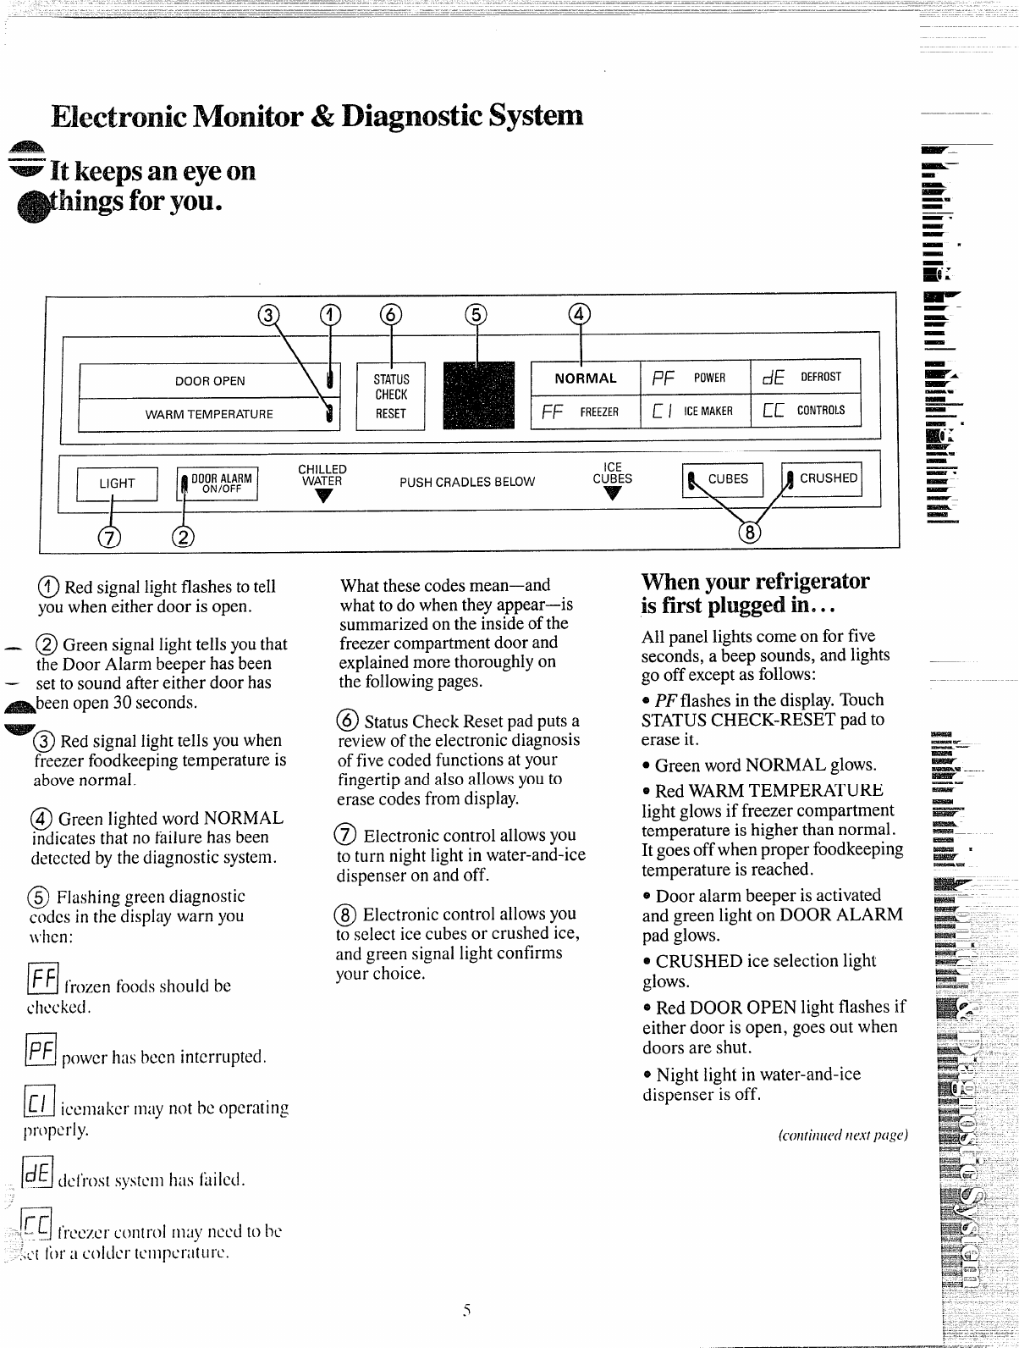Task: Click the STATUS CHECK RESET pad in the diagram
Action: (390, 396)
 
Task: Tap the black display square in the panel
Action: (478, 396)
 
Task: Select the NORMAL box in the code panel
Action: (585, 378)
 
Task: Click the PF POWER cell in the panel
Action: (696, 378)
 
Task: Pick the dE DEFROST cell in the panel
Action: (805, 378)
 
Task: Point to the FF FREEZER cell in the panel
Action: (585, 412)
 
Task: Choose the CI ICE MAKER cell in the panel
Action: (696, 412)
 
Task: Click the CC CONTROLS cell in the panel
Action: (805, 412)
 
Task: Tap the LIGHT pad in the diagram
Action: (117, 483)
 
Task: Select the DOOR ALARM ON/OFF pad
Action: (219, 483)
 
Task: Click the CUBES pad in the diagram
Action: (723, 479)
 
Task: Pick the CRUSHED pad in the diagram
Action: (821, 479)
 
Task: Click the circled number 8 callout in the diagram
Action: (749, 532)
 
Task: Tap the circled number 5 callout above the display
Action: (476, 314)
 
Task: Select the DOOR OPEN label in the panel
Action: (210, 381)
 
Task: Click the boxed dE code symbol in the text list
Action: (37, 1174)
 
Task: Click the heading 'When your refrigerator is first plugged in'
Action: (755, 593)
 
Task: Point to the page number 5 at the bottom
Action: (465, 1310)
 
